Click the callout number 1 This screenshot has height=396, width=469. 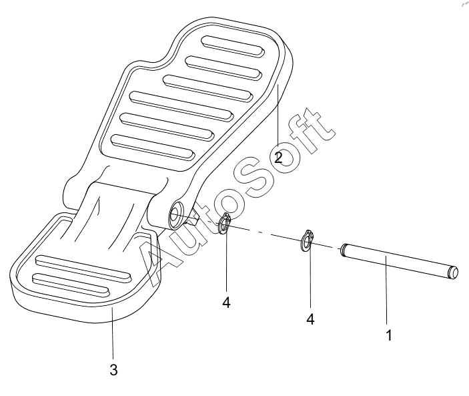[389, 335]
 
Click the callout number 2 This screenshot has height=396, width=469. [278, 158]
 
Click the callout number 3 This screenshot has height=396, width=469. [113, 370]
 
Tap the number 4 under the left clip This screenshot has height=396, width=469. [226, 303]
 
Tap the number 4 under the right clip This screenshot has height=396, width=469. [310, 319]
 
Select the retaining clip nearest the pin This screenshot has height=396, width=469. [307, 240]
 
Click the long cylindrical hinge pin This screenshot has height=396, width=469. [400, 260]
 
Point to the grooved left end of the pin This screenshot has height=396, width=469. [344, 249]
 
